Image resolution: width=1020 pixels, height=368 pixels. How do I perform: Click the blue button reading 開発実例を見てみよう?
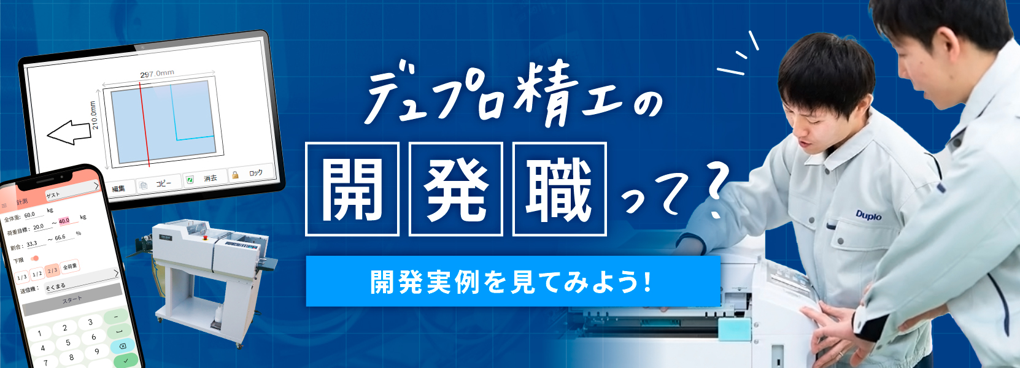[x=512, y=282]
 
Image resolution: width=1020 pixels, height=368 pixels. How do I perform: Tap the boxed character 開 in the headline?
[x=352, y=189]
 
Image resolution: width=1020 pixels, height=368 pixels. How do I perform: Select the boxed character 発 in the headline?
[x=456, y=189]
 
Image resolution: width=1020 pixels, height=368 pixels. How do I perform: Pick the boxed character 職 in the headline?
[x=559, y=189]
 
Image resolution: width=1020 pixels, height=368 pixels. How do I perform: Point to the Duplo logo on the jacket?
[x=868, y=215]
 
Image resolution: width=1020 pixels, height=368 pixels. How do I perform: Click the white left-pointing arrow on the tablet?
[x=69, y=132]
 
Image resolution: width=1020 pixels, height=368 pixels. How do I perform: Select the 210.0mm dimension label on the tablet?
[x=95, y=115]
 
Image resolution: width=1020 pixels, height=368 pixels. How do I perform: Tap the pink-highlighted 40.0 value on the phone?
[x=64, y=220]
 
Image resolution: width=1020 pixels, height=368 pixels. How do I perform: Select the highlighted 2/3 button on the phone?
[x=52, y=270]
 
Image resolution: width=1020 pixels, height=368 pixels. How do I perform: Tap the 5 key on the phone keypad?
[x=68, y=342]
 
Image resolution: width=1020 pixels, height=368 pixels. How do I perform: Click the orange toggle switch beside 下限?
[x=34, y=258]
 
